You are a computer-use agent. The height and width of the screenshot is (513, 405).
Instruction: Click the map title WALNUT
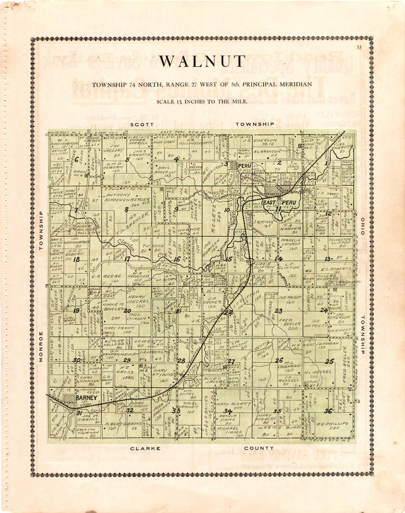tap(202, 61)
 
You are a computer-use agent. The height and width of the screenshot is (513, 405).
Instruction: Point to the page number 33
tap(359, 47)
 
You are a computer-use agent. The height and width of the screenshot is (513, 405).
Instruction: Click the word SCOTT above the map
tap(142, 124)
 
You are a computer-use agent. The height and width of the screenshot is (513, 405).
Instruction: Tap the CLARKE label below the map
tap(145, 449)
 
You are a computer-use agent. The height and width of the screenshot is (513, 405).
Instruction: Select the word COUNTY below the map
tap(259, 448)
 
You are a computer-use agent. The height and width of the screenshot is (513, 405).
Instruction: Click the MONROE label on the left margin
tap(41, 347)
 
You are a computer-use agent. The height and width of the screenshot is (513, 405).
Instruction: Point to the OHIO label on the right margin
tap(363, 226)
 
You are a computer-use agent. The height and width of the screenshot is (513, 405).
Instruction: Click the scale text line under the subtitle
tap(202, 102)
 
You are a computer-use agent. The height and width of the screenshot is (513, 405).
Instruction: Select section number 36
tap(328, 411)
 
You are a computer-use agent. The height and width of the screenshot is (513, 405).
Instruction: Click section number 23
tap(279, 311)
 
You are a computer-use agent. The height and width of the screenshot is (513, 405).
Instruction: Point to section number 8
tap(126, 210)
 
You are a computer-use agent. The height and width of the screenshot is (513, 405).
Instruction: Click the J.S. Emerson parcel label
tap(264, 141)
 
